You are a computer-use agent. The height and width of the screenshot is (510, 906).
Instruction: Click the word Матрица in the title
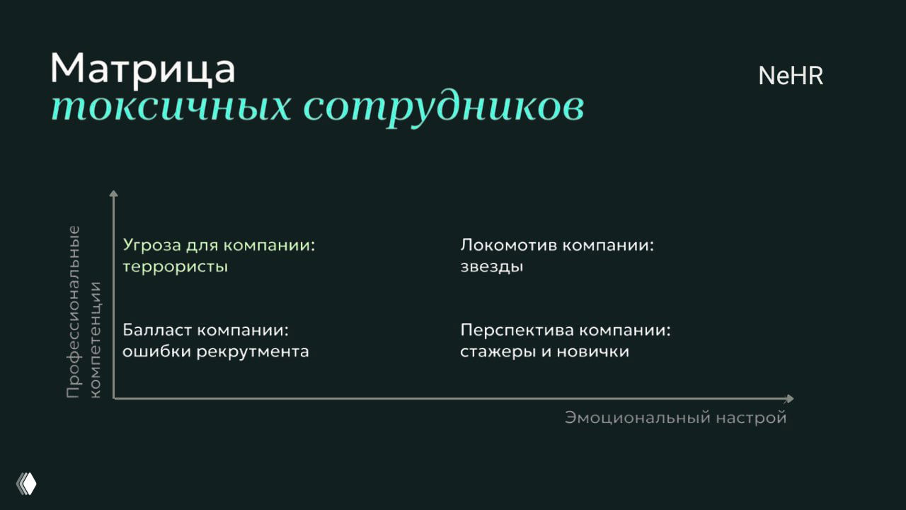coord(142,69)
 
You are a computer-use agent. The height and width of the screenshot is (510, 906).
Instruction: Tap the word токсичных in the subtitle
coord(170,107)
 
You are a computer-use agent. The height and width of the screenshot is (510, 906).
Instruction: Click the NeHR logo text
coord(791,76)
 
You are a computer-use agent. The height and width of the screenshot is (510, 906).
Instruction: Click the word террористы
coord(175,267)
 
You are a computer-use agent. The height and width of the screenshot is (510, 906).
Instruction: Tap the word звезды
coord(491,267)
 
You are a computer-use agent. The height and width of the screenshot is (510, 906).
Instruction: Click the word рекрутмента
coord(253,351)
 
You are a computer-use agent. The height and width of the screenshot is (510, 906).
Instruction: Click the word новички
coord(592,351)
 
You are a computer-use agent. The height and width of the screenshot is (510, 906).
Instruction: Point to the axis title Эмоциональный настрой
coord(675,417)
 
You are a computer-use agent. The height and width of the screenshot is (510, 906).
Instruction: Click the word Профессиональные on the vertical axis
coord(74,312)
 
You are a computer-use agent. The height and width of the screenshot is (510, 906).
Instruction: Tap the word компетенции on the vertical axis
coord(96,339)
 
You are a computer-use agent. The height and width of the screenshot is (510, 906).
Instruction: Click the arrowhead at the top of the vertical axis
coord(113,193)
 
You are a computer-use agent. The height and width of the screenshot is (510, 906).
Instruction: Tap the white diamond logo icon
coord(27,484)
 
